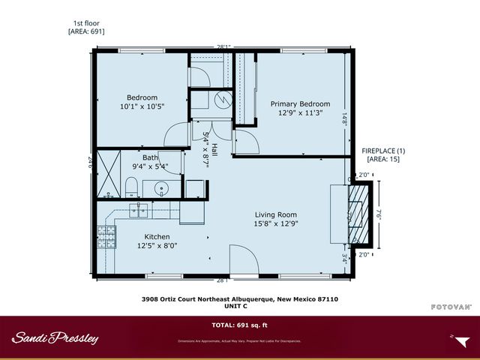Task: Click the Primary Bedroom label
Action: click(300, 104)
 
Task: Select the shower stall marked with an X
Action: click(110, 172)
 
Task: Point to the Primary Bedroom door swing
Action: click(246, 141)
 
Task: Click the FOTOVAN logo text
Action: click(451, 307)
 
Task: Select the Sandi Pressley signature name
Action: click(55, 337)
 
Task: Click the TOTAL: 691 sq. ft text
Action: click(239, 325)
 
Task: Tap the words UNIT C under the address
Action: click(240, 305)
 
